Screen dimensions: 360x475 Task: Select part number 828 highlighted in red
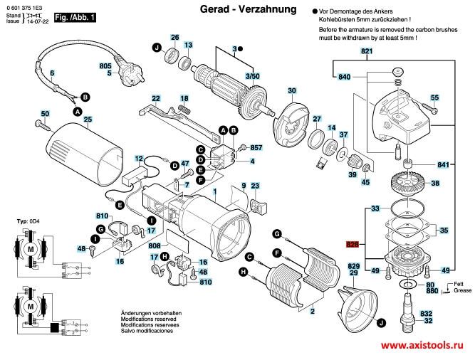351,244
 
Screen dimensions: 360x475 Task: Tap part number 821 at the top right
366,53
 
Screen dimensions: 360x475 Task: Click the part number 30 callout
291,90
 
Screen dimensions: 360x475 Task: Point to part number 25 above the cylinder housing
88,120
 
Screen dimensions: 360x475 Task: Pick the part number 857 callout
257,147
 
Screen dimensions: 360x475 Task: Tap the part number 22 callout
156,97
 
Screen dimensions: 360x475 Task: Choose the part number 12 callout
138,158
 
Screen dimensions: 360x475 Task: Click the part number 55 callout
435,97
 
